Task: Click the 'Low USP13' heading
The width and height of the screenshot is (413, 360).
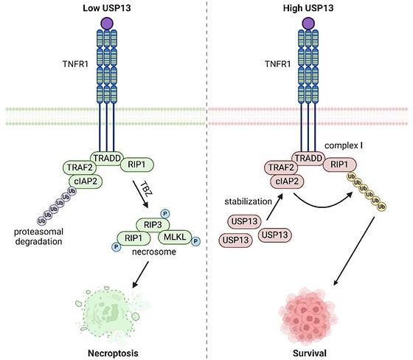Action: coord(107,8)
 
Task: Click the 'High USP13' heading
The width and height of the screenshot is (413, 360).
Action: coord(308,8)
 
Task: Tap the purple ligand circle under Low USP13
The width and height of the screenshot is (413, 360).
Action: coord(107,24)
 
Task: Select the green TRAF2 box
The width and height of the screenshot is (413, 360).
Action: coord(80,167)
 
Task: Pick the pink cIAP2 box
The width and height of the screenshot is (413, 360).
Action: coord(287,181)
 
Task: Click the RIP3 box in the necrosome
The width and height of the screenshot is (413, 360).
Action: coord(153,225)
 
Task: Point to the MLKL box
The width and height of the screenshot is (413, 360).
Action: coord(175,237)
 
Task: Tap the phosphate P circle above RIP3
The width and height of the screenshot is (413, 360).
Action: coord(165,213)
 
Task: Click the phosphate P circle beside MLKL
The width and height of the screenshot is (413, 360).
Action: coord(195,241)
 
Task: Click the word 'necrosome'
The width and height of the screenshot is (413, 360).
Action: coord(154,252)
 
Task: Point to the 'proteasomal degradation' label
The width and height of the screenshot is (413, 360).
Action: coord(38,237)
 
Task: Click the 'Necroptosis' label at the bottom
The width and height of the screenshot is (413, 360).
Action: coord(113,353)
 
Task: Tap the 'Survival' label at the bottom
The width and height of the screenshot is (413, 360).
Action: coord(310,353)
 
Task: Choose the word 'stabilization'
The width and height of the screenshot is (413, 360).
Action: coord(248,201)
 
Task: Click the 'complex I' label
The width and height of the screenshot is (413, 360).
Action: coord(344,145)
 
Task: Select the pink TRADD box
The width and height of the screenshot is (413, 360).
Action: coord(308,158)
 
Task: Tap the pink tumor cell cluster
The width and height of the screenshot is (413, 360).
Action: coord(308,316)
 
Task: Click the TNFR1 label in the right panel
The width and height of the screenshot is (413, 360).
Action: coord(277,64)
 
